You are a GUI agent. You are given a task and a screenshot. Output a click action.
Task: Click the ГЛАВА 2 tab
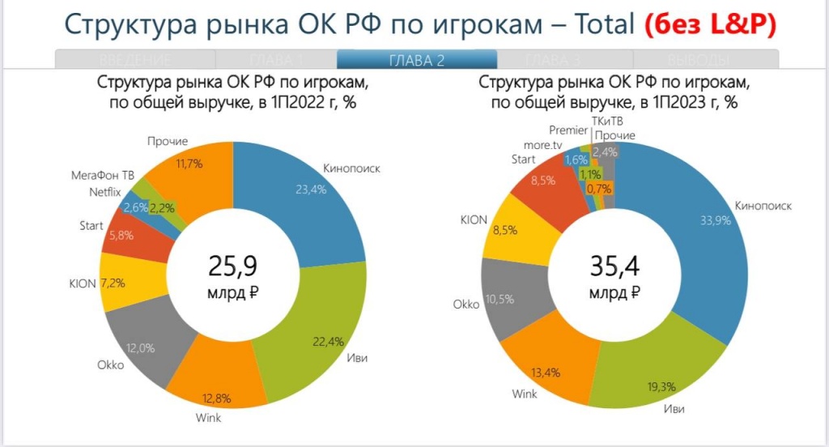[417, 60]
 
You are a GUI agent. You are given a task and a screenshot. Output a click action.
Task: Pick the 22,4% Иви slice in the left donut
[320, 340]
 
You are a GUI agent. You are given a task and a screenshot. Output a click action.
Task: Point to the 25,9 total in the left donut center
[238, 265]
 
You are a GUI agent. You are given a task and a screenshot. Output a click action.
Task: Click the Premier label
[568, 130]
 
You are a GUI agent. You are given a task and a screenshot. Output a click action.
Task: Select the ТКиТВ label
[608, 121]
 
